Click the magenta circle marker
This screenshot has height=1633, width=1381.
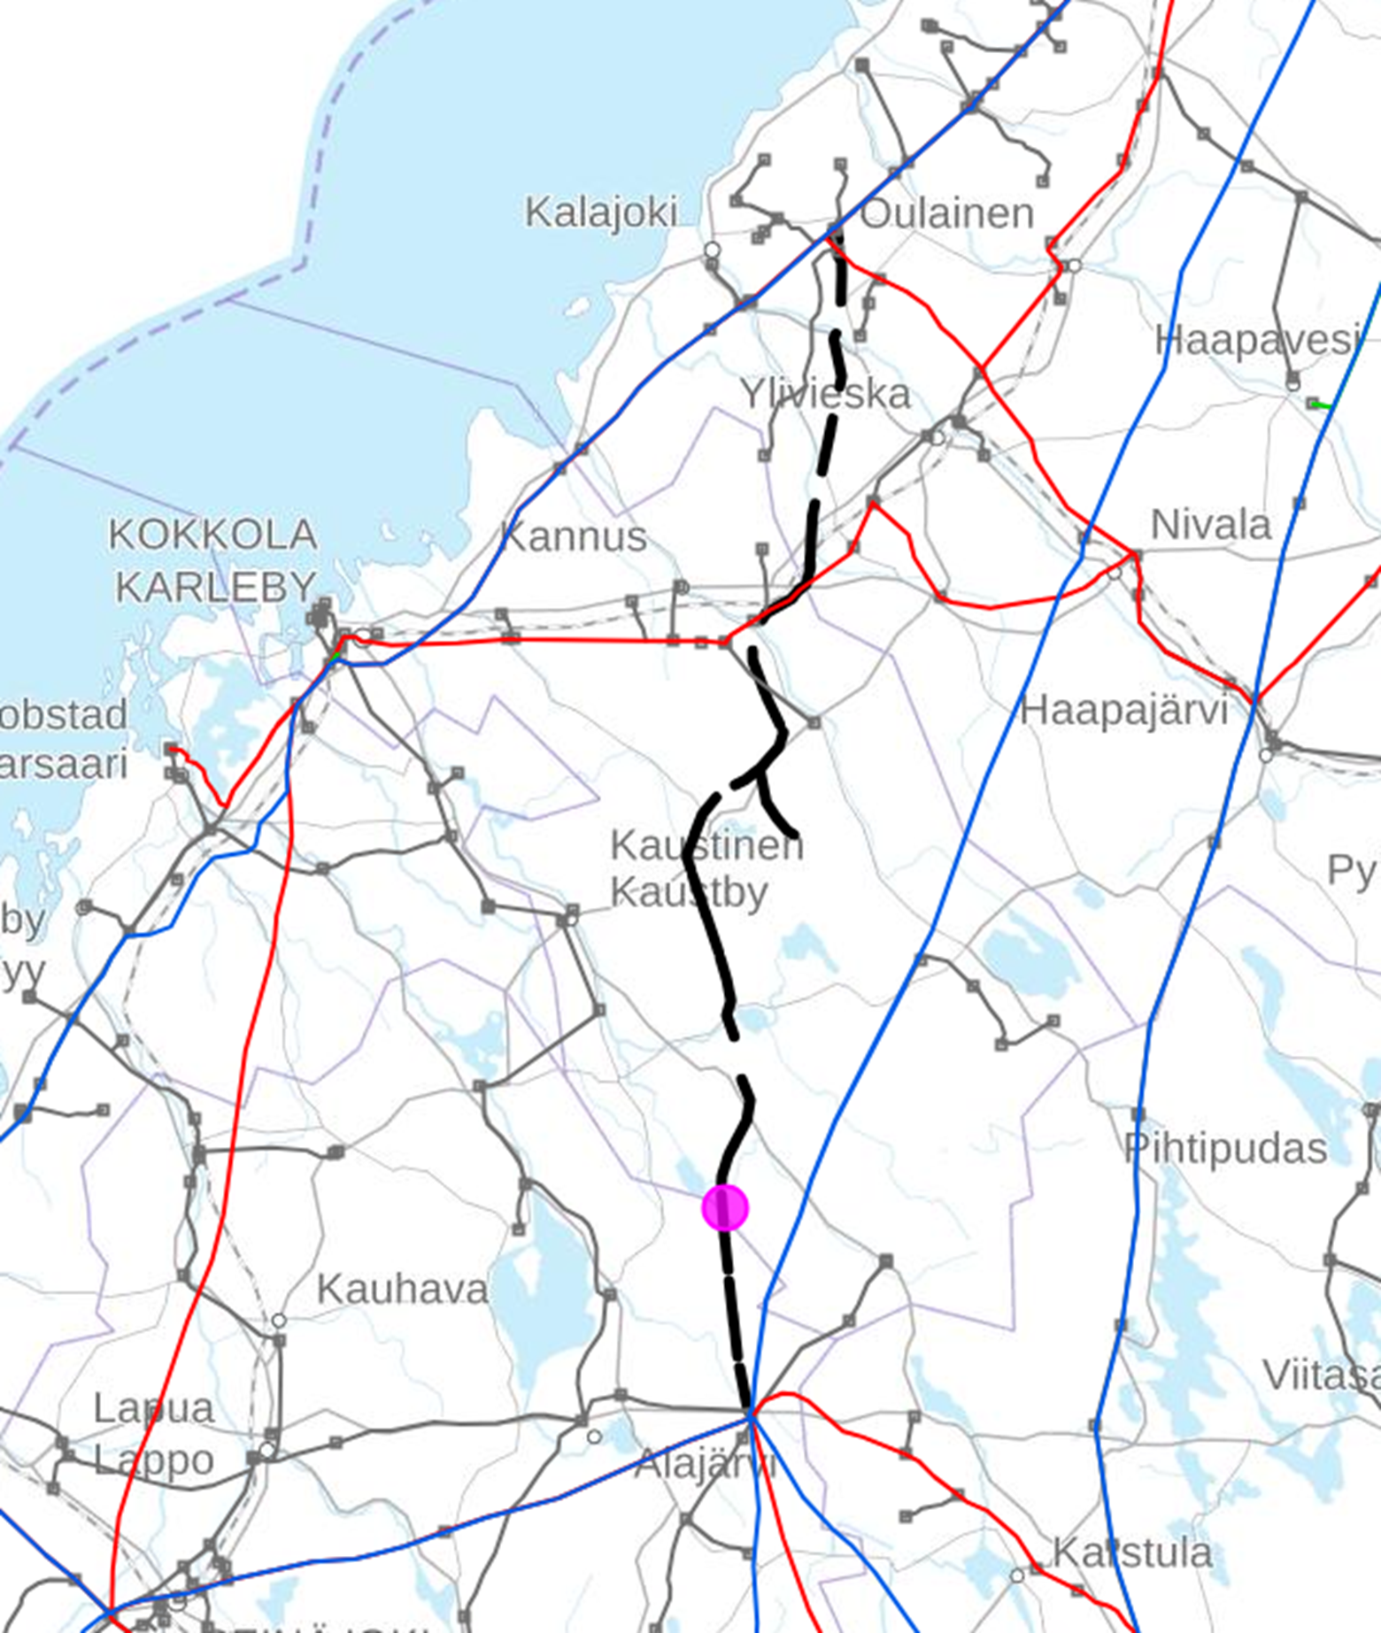click(725, 1207)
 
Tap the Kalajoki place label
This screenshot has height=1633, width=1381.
click(601, 213)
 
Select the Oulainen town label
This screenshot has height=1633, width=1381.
click(946, 214)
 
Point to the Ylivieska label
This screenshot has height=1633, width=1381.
click(825, 395)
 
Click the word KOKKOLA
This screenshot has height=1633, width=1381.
click(212, 535)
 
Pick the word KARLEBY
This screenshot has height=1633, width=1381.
click(216, 586)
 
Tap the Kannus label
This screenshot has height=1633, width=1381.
click(574, 537)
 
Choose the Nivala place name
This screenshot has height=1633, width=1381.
click(1210, 526)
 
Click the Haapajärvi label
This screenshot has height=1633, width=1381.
click(1123, 711)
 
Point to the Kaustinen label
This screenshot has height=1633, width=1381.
click(706, 845)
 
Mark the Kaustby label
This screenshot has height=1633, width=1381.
click(689, 892)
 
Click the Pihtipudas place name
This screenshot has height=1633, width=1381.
click(1225, 1149)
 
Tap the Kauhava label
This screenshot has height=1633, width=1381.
click(402, 1290)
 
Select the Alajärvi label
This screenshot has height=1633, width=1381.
click(706, 1464)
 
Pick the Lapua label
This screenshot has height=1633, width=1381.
click(154, 1408)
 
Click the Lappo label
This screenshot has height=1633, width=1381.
click(154, 1460)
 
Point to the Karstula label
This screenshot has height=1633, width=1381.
click(1131, 1553)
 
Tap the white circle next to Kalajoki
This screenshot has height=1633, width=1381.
click(712, 250)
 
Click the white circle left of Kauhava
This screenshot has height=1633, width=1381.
click(279, 1321)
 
